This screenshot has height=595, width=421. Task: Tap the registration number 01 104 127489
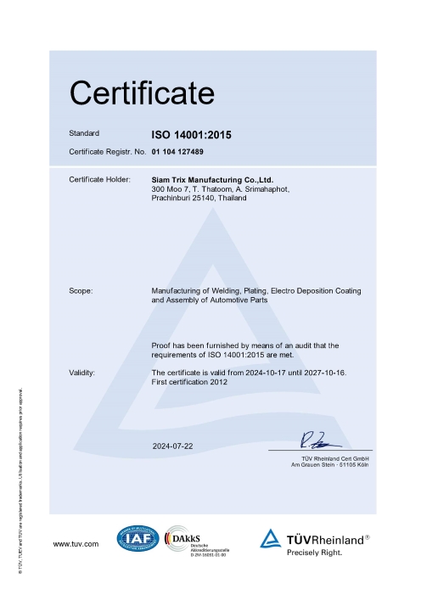178,151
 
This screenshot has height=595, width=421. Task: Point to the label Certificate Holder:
98,180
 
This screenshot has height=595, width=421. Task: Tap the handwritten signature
318,440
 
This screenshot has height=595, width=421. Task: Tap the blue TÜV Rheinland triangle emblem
269,538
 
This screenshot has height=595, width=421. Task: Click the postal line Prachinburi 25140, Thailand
199,198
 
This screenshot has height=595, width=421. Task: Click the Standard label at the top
84,134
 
